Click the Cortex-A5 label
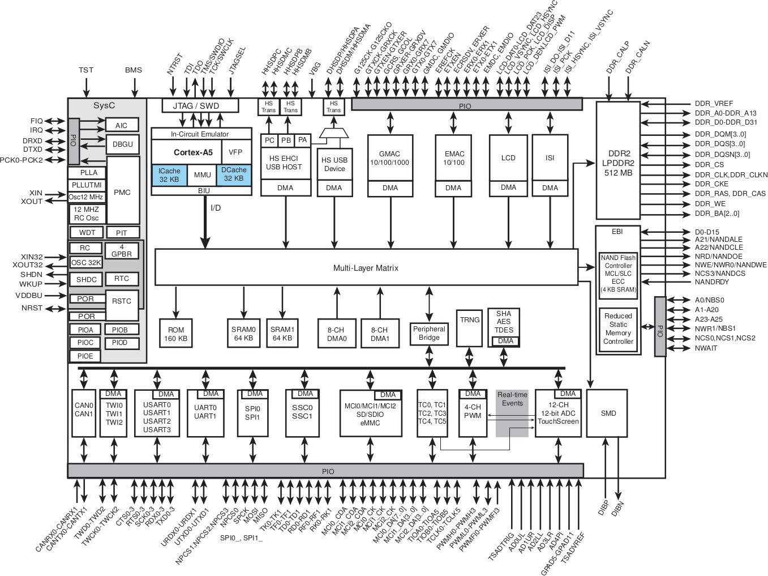coord(193,152)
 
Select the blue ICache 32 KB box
coord(169,175)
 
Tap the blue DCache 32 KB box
coord(234,174)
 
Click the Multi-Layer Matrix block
coord(366,267)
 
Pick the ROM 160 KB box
coord(175,333)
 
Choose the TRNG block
coord(469,328)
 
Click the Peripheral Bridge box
coord(429,334)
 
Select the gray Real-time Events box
coord(512,413)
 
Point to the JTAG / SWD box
coord(200,106)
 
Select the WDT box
coord(87,233)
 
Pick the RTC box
coord(122,279)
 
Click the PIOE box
coord(85,356)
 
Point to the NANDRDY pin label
coord(711,282)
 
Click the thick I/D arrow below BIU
coord(205,222)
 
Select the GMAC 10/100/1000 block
coord(390,165)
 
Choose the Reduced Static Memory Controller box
coord(618,329)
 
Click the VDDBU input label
coord(29,296)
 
